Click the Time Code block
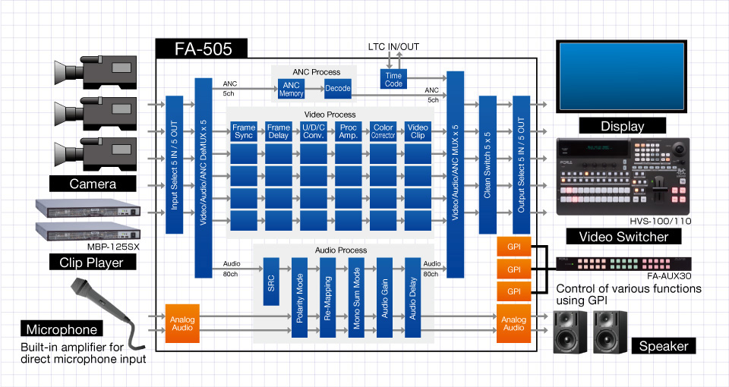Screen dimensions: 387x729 [393, 79]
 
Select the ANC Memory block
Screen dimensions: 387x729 [291, 88]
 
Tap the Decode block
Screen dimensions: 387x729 [337, 88]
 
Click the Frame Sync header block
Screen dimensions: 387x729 [244, 131]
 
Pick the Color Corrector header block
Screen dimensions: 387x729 [383, 131]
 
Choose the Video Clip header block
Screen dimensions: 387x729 [418, 131]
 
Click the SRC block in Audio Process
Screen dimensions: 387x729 [271, 282]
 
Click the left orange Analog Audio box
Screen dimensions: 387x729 [182, 323]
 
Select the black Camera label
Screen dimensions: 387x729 [93, 184]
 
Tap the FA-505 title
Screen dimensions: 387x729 [202, 49]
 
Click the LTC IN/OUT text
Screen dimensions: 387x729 [393, 47]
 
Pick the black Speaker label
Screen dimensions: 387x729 [664, 346]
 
